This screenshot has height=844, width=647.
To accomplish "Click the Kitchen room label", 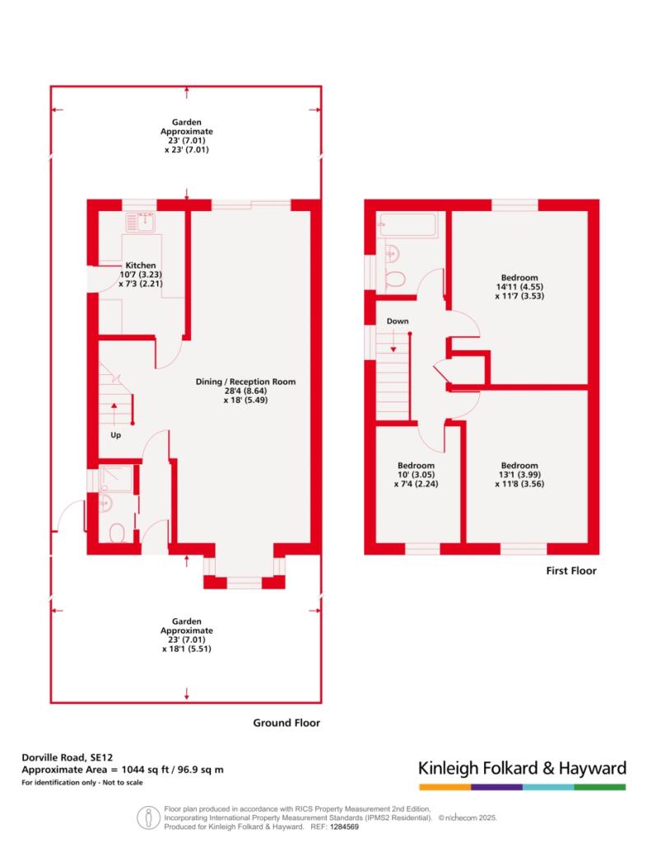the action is coord(141,265).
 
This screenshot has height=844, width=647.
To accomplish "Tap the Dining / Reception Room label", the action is coord(245,382).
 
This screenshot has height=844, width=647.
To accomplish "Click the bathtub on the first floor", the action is coord(407,225).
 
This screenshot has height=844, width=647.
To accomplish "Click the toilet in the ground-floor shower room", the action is coord(117,533).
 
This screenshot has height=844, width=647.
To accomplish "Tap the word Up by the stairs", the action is coord(115,435).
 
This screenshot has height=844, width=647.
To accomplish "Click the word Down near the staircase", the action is coord(398,321).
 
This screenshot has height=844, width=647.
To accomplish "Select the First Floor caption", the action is coord(571,570).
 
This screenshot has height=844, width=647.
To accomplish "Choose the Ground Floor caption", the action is coord(286,723).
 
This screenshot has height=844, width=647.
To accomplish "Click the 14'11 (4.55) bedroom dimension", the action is coord(519,287).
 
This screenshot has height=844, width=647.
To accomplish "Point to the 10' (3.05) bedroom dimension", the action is coord(416,475).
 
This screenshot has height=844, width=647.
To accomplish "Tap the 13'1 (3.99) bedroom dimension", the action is coord(519,475).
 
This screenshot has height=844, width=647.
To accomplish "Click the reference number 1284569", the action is coord(344,827).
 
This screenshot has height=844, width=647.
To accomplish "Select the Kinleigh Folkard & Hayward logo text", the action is coord(523,768).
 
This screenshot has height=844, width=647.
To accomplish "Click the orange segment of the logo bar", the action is coord(445,787).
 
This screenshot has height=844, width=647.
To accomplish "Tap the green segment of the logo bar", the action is coord(600,787).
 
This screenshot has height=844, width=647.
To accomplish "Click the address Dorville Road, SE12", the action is coord(67,758).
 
